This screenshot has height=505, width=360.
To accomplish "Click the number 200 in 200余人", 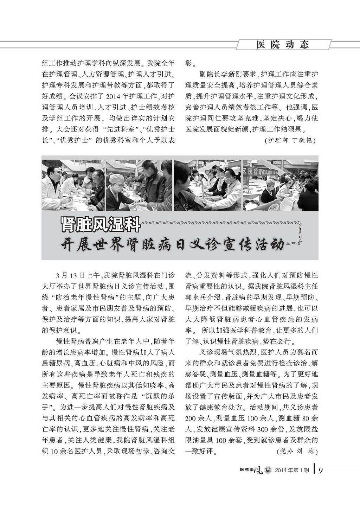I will (x=192, y=418).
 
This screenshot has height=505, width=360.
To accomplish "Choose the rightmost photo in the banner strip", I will (x=281, y=185).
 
